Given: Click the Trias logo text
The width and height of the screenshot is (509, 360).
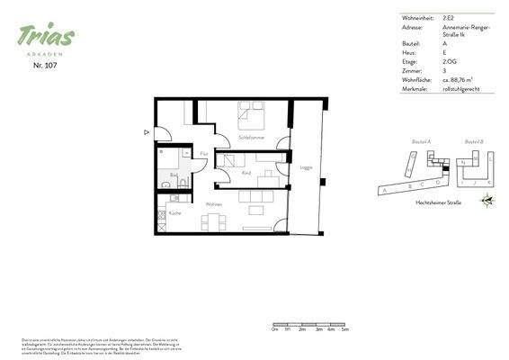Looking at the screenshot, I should coord(46,35).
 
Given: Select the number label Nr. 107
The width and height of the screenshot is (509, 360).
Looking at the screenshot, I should coord(46,66).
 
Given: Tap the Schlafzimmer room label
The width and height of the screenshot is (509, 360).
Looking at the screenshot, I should coord(251,137).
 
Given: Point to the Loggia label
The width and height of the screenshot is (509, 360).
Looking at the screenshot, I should coord(305,166).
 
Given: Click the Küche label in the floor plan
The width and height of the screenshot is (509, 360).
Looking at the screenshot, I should coord(174,212).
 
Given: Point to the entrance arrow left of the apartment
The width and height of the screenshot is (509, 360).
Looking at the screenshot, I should coord(146,131).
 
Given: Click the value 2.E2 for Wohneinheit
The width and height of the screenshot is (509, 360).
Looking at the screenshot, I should coord(449,17).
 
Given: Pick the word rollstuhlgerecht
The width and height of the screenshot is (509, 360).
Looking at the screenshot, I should coord(461,89).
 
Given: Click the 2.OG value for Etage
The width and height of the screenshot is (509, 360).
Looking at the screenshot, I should coord(450,63).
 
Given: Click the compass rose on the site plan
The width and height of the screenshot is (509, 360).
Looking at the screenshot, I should coord(487,202).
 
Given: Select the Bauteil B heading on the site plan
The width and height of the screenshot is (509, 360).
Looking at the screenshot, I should coord(475,142).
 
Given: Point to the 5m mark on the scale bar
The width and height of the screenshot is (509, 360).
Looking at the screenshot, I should coord(344,330).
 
